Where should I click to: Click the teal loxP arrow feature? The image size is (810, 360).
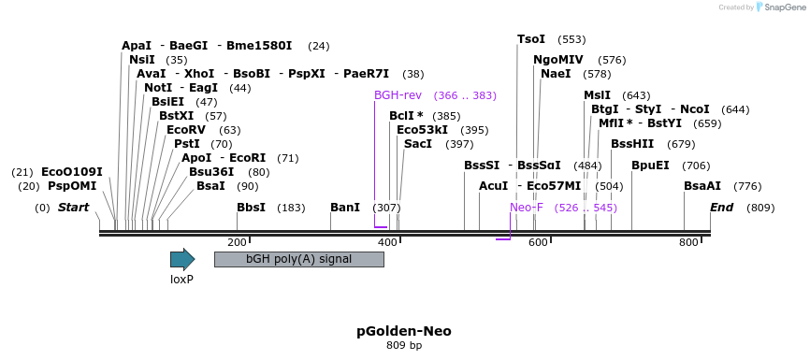point(182,259)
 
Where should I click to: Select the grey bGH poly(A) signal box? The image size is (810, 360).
point(298,259)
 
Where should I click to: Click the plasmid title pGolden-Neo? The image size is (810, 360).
point(404,331)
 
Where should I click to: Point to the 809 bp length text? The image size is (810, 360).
point(404,346)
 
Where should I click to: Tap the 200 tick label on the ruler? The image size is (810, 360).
point(237,242)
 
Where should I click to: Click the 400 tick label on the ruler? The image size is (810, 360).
point(387,242)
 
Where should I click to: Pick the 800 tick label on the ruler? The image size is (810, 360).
point(688,242)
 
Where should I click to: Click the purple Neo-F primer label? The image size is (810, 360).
point(527,208)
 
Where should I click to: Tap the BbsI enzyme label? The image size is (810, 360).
point(252,208)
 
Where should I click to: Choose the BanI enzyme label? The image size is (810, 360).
point(345,208)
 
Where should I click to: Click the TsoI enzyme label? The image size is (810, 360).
point(531,39)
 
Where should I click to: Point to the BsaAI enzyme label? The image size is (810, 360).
point(702,187)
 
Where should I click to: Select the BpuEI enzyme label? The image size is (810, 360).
point(650,166)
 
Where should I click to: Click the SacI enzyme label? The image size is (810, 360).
point(417,144)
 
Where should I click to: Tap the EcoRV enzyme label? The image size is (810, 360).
point(185,130)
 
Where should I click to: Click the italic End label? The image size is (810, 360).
point(721,208)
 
